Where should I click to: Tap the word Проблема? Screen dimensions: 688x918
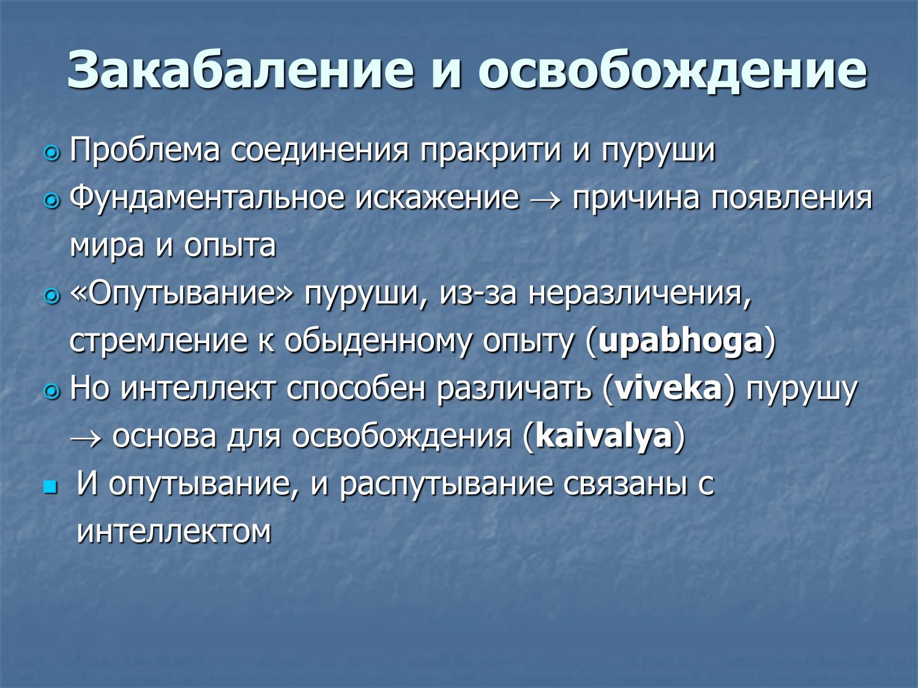144,150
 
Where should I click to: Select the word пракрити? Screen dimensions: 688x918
490,150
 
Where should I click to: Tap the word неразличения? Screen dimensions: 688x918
639,294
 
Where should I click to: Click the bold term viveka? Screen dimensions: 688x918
668,388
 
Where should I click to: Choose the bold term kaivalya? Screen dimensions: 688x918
603,436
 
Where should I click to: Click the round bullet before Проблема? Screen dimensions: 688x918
52,153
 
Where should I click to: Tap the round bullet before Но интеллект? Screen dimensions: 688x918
52,391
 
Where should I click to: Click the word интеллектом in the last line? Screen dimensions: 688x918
174,531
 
